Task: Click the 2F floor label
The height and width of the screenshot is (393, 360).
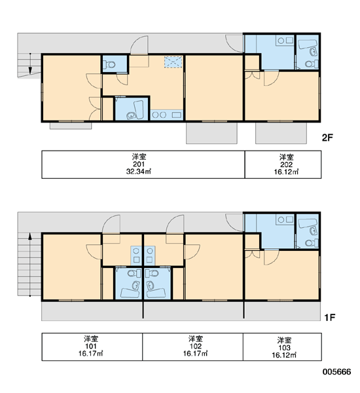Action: pos(327,138)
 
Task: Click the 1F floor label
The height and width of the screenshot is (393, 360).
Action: pos(329,318)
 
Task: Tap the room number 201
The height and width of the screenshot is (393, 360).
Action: pos(139,164)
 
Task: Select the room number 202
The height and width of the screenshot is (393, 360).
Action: pos(286,164)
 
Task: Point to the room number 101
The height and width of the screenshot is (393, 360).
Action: pos(91,346)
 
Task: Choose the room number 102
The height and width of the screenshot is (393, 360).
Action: pos(196,346)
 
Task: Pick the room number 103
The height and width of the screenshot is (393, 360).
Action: pos(284,348)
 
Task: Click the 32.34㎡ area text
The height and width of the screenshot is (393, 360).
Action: pos(139,172)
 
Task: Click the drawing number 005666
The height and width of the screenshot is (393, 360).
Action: pos(336,371)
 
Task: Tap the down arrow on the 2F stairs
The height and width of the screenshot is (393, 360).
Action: pos(30,64)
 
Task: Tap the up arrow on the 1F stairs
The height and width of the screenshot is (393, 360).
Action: pos(30,265)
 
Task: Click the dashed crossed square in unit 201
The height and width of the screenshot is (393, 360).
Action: pos(173,62)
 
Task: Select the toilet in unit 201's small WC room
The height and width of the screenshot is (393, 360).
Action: pos(109,65)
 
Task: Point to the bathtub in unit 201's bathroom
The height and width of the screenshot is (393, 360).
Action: pos(139,109)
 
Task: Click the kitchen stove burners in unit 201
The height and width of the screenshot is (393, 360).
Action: pos(159,115)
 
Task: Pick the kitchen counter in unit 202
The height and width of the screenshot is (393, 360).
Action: pos(285,40)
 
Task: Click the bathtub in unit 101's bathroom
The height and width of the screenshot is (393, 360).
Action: pos(130,293)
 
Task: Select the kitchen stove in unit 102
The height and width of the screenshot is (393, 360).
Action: pos(150,254)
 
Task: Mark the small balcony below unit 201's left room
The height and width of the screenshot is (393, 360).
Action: pos(71,126)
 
